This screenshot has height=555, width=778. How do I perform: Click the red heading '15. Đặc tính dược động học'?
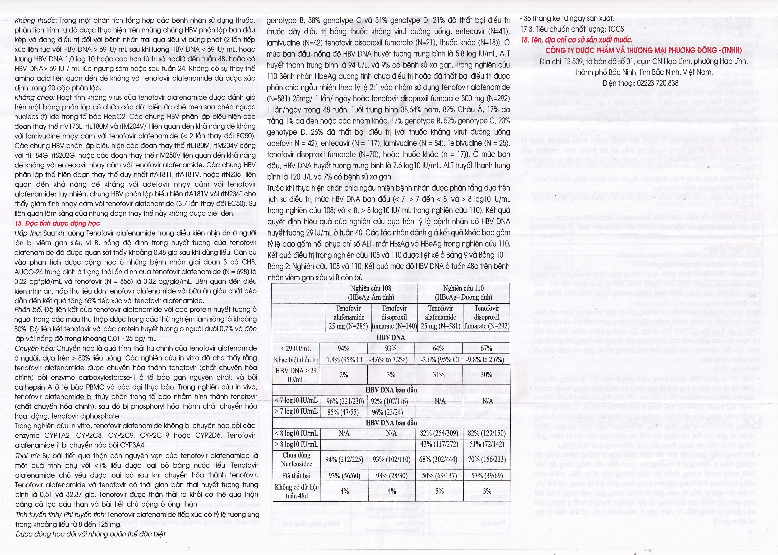[57, 223]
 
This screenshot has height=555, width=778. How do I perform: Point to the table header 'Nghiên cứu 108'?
[371, 288]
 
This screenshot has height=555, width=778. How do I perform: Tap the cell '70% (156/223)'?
[487, 459]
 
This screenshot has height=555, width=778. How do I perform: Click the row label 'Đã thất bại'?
[296, 476]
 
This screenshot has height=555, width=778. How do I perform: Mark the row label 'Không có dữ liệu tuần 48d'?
[296, 491]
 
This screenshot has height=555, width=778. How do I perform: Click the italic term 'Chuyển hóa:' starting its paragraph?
[35, 348]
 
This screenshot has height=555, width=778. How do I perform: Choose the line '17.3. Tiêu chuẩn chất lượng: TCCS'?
[572, 29]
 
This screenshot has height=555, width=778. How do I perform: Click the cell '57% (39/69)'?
[487, 476]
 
